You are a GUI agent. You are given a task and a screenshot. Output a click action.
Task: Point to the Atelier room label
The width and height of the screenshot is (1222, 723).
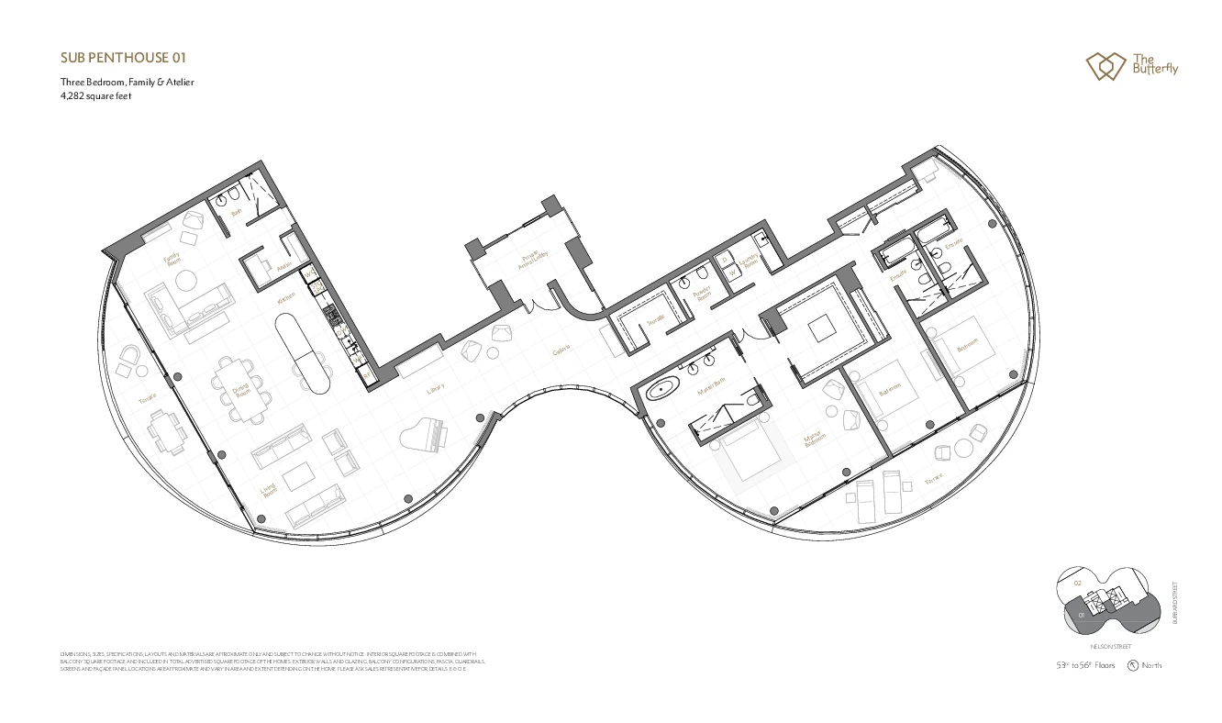(283, 267)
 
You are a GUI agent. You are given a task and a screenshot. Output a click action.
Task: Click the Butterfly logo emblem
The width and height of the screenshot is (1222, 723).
(1105, 66)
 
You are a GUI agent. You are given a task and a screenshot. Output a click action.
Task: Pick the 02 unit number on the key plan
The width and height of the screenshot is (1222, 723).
(1078, 583)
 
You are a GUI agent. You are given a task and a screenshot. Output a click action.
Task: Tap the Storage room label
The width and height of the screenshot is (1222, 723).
(654, 321)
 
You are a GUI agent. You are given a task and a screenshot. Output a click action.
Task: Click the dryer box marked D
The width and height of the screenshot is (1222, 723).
(725, 259)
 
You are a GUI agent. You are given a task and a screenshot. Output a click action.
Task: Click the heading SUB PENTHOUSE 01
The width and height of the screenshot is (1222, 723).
(123, 57)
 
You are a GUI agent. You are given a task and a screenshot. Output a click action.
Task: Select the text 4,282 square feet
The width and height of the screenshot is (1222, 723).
(95, 95)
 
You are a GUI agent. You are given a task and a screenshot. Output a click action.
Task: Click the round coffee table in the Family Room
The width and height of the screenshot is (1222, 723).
(188, 280)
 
